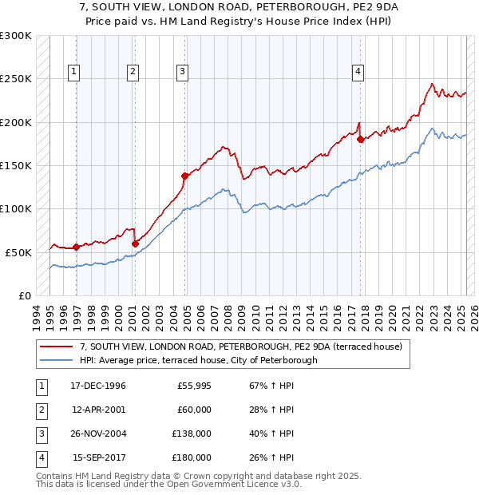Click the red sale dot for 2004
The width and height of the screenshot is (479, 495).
pyautogui.click(x=184, y=176)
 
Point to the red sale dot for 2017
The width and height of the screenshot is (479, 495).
pyautogui.click(x=360, y=140)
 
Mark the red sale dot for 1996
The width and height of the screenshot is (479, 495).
pyautogui.click(x=77, y=247)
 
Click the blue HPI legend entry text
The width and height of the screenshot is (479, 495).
pyautogui.click(x=199, y=360)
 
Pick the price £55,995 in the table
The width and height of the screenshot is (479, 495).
pyautogui.click(x=193, y=386)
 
